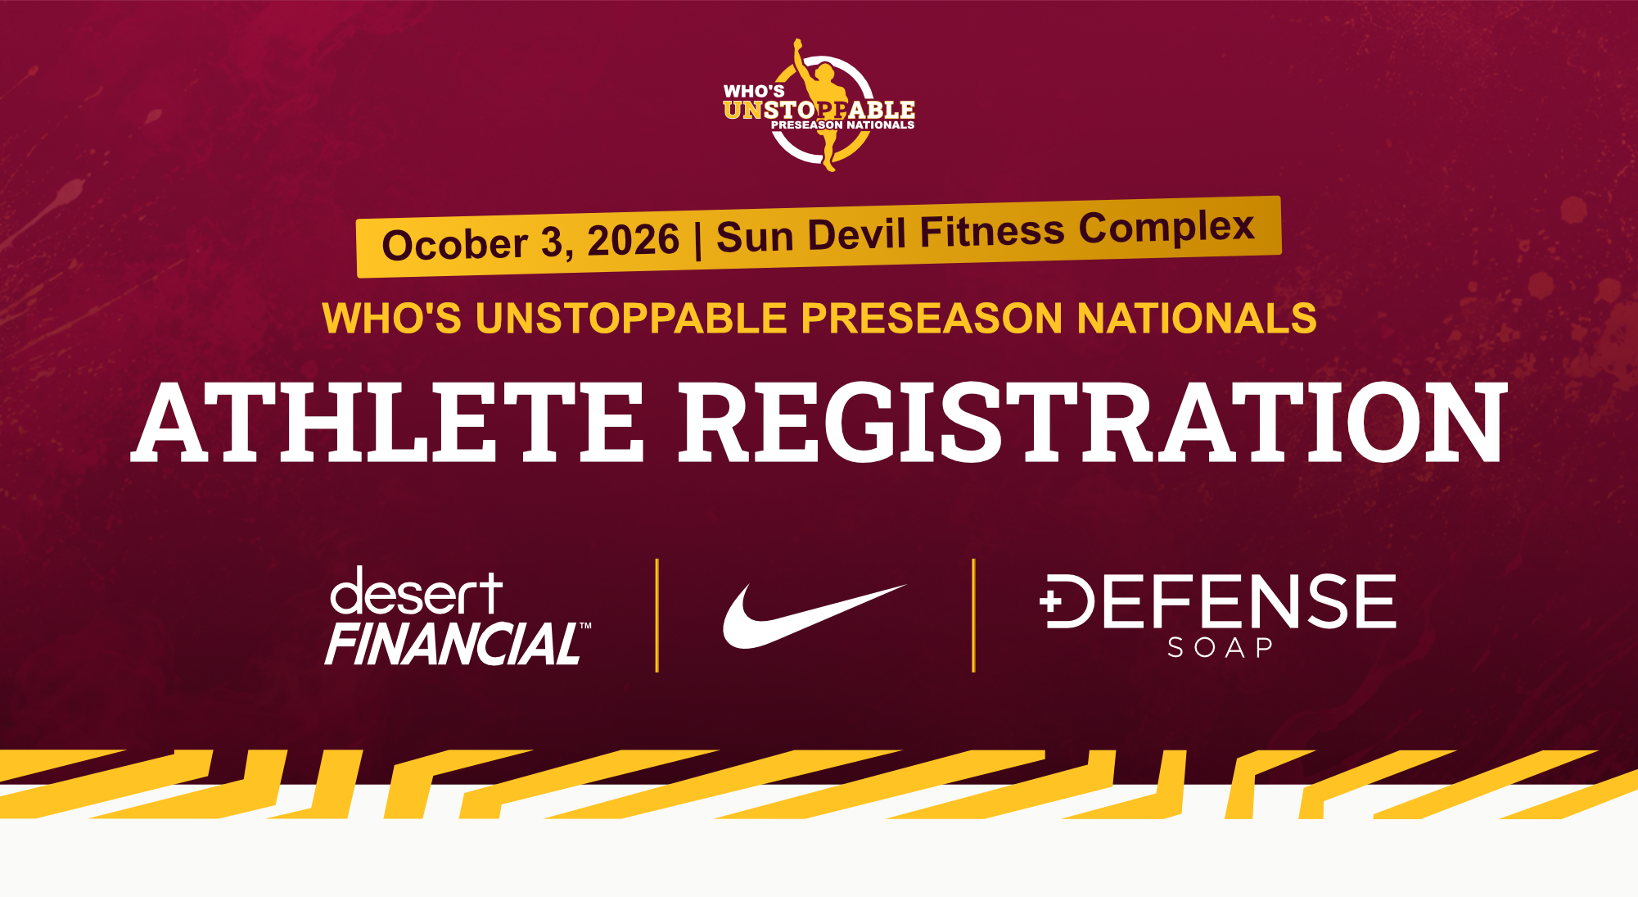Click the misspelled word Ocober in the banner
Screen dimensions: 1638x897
tap(454, 244)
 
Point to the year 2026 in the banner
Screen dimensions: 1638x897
tap(634, 240)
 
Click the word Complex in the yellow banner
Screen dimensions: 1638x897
tap(1166, 227)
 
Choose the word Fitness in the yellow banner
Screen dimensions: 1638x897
tap(992, 230)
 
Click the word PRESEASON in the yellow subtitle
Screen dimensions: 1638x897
tap(932, 318)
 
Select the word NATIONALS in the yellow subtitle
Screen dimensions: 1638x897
tap(1197, 318)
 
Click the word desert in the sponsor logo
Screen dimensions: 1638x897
tap(416, 591)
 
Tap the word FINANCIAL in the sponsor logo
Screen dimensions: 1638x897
tap(453, 643)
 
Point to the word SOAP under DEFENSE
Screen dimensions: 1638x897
tap(1220, 648)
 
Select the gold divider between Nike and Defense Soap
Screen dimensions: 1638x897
tap(973, 615)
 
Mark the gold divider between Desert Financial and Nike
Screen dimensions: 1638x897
tap(657, 615)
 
